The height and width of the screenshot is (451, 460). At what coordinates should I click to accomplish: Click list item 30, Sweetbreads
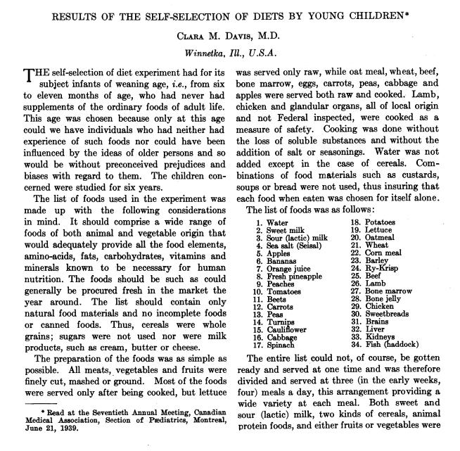387,315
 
